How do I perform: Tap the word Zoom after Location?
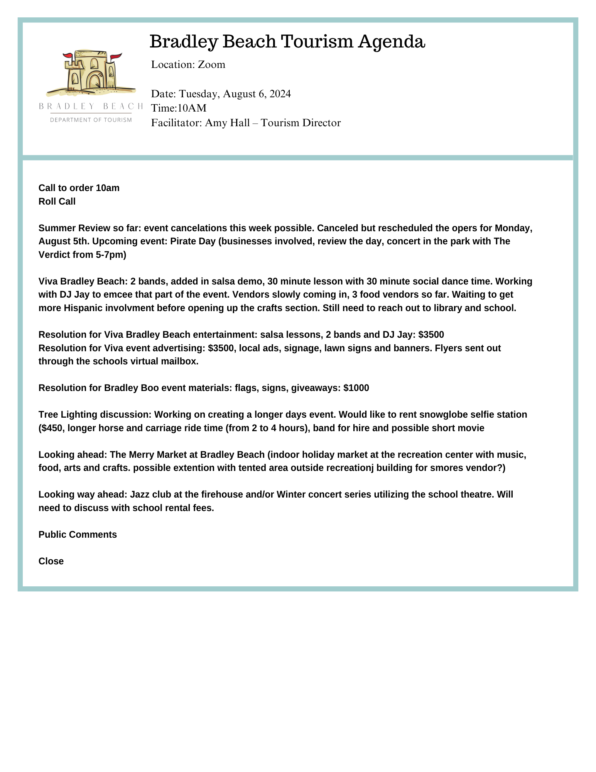[211, 64]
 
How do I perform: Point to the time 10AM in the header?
[192, 108]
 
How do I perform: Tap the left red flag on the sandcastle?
[68, 56]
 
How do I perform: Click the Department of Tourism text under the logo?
[91, 120]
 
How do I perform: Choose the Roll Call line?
[57, 201]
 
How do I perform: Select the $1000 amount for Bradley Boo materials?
[356, 388]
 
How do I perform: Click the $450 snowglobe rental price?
[51, 428]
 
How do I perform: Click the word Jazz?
[139, 494]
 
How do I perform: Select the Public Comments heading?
[78, 535]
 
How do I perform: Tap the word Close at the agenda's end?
[51, 561]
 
